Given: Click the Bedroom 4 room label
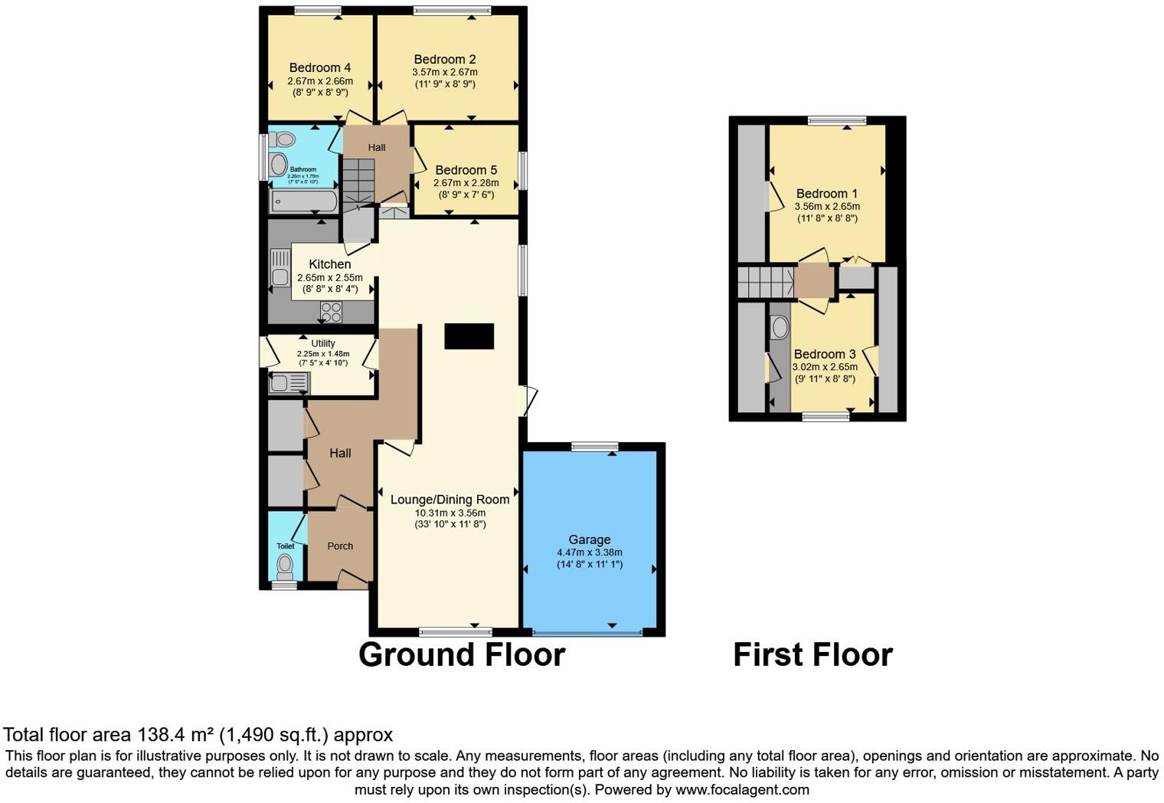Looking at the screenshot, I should [x=320, y=67].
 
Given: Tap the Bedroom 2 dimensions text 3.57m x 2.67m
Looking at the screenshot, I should [x=444, y=72].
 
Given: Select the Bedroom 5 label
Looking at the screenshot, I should [x=466, y=170].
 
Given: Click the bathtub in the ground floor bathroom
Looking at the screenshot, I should [x=304, y=202].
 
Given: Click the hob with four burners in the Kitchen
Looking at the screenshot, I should [x=331, y=312].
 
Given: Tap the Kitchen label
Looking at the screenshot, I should [x=329, y=264].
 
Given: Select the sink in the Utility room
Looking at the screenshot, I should [x=288, y=382].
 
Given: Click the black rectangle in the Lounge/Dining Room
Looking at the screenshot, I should [x=469, y=336].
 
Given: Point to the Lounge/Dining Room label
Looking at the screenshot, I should [x=450, y=500].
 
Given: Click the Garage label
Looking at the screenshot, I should [x=589, y=539].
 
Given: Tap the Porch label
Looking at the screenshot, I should [x=340, y=546].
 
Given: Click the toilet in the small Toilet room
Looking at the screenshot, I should [x=285, y=567].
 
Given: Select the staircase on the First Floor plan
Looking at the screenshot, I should [x=765, y=281].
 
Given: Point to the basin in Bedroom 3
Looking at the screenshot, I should [x=780, y=328].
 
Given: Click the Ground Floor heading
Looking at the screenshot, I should [x=462, y=655].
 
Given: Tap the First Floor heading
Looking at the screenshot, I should [x=813, y=655].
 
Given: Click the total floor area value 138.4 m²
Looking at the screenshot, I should [x=175, y=735].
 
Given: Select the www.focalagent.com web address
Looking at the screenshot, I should [x=742, y=789].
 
